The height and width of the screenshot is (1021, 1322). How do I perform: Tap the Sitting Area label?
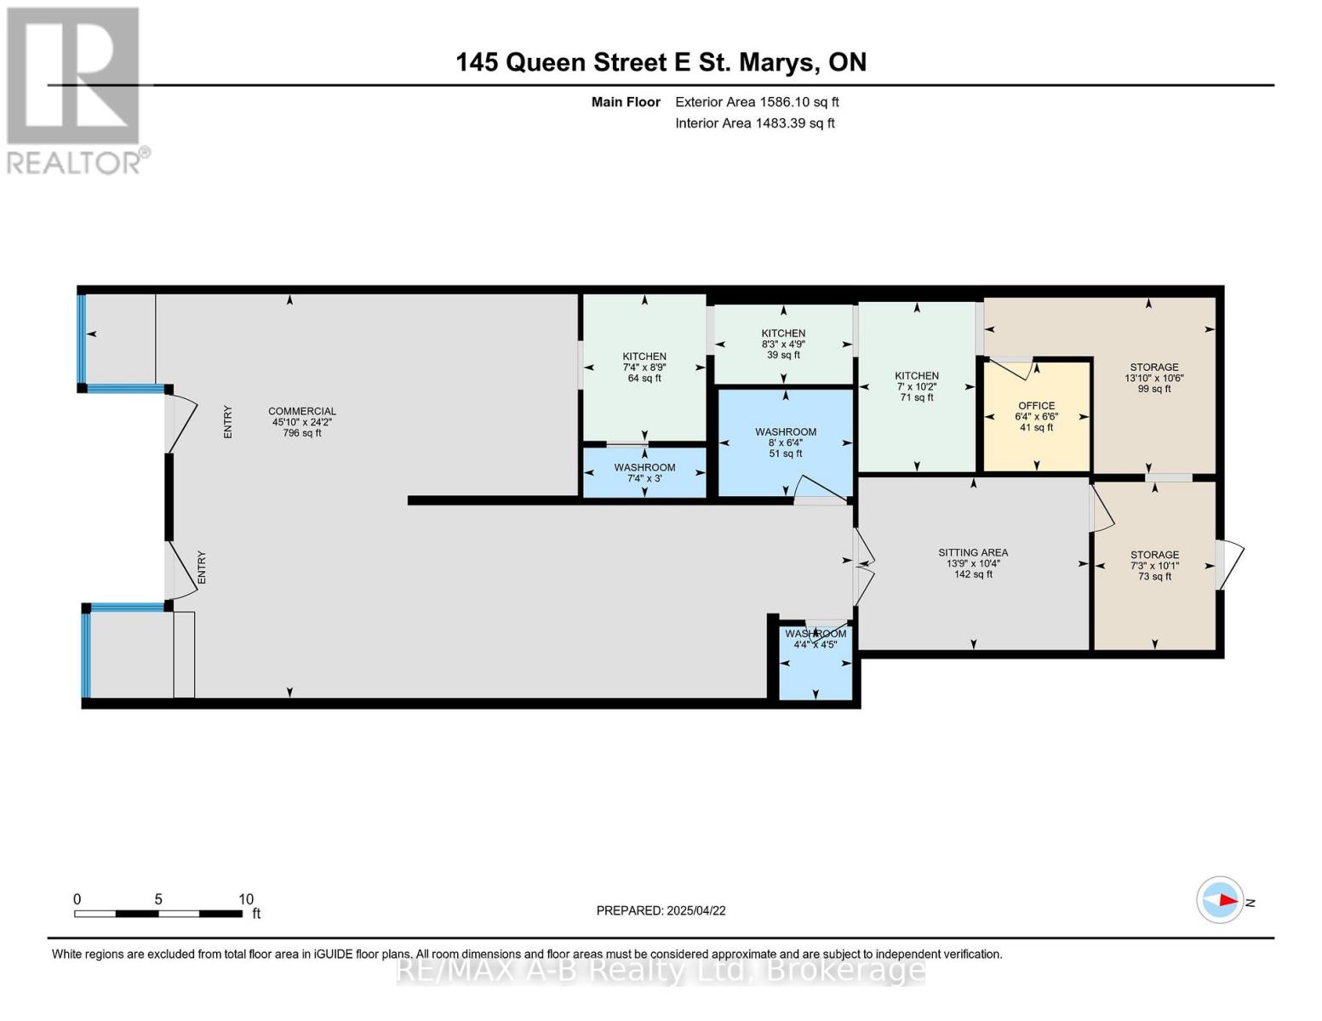pos(973,552)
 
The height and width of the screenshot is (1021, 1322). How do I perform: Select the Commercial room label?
pos(301,411)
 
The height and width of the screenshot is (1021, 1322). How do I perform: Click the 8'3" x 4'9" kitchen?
pos(783,345)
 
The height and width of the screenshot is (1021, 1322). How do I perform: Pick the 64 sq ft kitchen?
pos(644,368)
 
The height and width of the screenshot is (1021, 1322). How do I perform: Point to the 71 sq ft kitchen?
pos(916,387)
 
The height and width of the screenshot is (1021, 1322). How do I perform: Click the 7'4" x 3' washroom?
pos(644,472)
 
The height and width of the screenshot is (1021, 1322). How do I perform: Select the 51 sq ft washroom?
pos(786,442)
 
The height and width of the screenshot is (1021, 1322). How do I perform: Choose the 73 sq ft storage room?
pos(1154,566)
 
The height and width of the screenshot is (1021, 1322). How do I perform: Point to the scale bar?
pos(158,914)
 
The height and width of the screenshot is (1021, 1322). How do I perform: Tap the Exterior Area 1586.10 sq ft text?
pos(757,102)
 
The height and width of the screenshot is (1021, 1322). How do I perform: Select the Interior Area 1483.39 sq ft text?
pos(754,123)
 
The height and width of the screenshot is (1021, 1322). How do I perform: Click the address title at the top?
pos(661,63)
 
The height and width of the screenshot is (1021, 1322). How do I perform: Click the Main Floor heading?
pos(626,102)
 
